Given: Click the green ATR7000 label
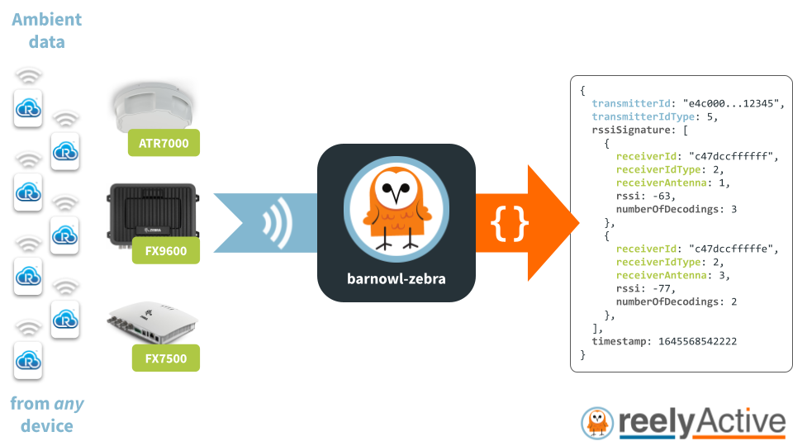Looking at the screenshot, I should pyautogui.click(x=164, y=144).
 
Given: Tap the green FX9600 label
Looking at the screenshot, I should pyautogui.click(x=164, y=252).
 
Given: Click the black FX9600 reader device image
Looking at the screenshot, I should pyautogui.click(x=154, y=211).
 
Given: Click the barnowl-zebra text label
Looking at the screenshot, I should pyautogui.click(x=396, y=278).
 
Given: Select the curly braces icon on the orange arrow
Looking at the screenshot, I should pyautogui.click(x=510, y=223).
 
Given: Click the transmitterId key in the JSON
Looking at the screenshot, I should pyautogui.click(x=633, y=104).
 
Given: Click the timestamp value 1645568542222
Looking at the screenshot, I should pyautogui.click(x=697, y=342).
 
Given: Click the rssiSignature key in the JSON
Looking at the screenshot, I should pyautogui.click(x=633, y=130).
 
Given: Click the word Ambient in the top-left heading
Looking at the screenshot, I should pyautogui.click(x=46, y=19).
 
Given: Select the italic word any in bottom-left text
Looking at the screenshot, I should pyautogui.click(x=69, y=405).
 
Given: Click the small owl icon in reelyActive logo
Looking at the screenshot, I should pyautogui.click(x=596, y=422).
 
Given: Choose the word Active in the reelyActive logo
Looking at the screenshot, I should pyautogui.click(x=738, y=422).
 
